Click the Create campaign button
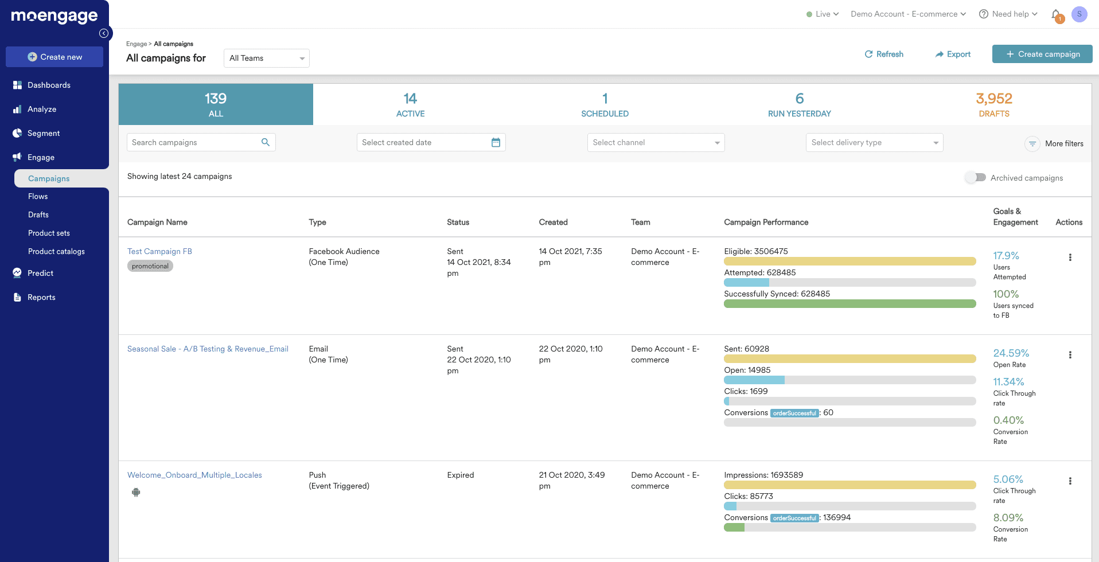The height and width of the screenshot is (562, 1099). click(1042, 54)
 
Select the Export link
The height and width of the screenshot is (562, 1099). click(953, 54)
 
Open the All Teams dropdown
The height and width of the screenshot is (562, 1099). click(266, 58)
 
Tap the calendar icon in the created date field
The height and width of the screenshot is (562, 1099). click(496, 142)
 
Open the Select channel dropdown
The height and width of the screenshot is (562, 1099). click(656, 142)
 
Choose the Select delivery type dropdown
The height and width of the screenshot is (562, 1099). click(874, 142)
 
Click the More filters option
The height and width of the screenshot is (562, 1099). click(1054, 143)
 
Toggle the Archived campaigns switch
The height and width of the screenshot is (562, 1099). click(975, 178)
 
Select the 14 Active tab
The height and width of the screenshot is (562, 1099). click(410, 104)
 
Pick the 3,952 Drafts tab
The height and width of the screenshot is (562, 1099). click(994, 104)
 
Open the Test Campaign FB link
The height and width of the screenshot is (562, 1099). click(159, 251)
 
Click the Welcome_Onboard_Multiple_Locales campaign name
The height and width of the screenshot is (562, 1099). click(194, 475)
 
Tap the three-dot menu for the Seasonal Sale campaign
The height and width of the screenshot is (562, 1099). click(1070, 355)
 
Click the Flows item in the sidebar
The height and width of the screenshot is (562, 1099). click(38, 196)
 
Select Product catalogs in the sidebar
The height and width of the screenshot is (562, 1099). click(56, 251)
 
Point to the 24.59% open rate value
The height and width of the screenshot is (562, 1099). click(1011, 353)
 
